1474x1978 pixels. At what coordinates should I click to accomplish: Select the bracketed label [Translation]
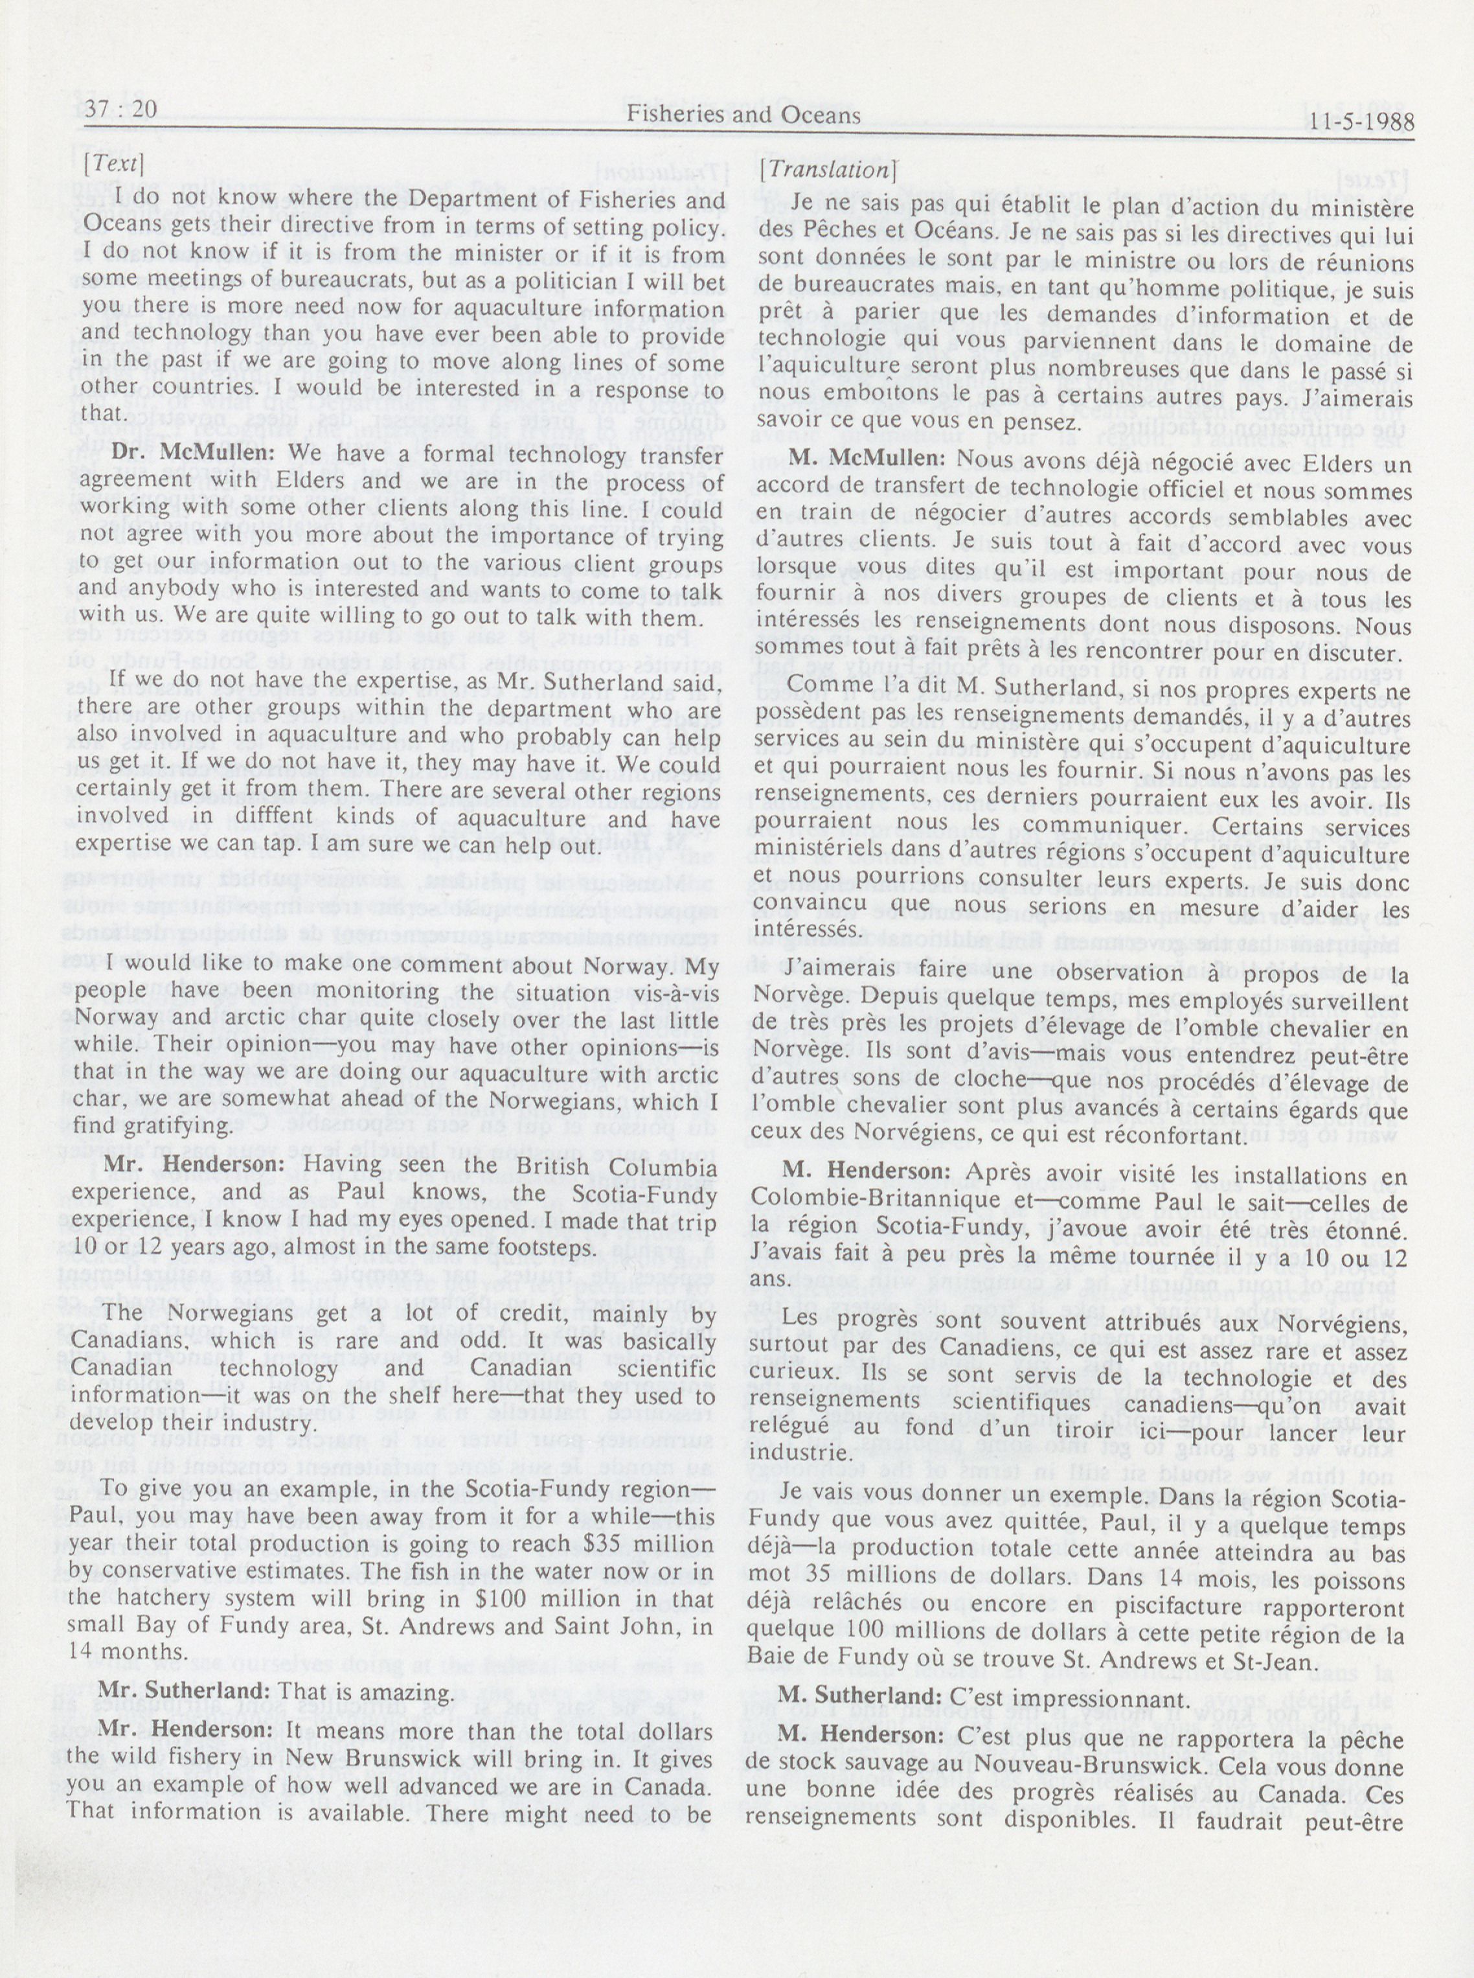[x=826, y=168]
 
